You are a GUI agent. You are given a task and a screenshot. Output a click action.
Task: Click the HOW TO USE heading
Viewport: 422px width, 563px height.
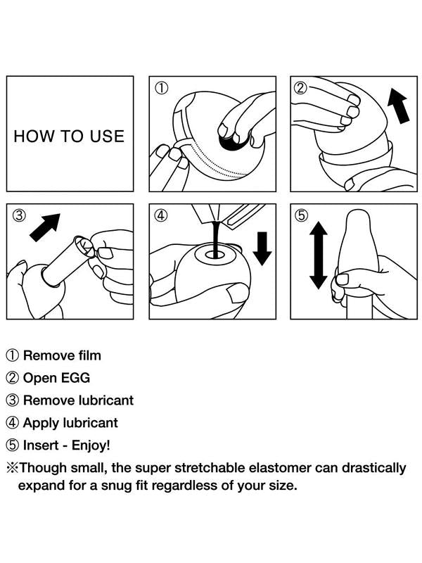(x=69, y=137)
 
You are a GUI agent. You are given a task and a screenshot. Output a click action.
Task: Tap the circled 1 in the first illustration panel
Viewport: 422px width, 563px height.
(x=162, y=88)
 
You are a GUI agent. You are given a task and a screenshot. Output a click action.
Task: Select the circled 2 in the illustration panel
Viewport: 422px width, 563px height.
(x=301, y=87)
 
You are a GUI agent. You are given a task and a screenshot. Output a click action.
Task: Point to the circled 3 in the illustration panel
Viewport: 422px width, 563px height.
(x=20, y=215)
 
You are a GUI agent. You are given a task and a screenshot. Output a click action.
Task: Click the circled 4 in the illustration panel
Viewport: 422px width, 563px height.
(x=161, y=215)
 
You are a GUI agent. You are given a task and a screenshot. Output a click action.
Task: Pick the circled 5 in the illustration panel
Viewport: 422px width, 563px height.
(x=301, y=215)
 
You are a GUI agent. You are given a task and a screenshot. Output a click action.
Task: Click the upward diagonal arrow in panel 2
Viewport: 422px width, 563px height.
(x=399, y=106)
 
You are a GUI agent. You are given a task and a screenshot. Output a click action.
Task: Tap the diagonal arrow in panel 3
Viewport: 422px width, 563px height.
(x=45, y=227)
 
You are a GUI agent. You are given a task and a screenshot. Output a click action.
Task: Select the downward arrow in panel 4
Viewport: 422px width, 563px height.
(x=262, y=248)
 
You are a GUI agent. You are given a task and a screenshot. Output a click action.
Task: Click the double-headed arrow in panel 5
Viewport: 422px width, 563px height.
(x=319, y=255)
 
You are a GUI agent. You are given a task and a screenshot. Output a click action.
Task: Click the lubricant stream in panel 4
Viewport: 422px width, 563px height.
(x=215, y=239)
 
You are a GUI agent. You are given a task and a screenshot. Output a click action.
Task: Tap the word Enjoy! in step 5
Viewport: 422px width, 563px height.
(x=91, y=445)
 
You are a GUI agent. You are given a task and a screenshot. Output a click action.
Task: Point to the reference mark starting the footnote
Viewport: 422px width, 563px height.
(x=12, y=468)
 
